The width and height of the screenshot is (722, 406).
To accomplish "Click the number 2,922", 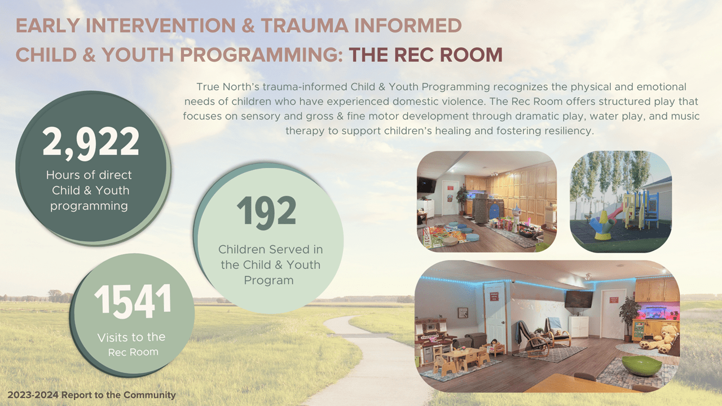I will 91,142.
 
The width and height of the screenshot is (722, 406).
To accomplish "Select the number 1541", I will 133,300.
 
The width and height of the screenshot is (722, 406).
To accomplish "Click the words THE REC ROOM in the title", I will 425,55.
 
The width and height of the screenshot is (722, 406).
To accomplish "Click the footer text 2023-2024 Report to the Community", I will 91,395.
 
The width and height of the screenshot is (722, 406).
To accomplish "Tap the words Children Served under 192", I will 270,249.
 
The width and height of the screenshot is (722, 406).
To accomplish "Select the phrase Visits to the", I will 131,337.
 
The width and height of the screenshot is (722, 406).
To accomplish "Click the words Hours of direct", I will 89,175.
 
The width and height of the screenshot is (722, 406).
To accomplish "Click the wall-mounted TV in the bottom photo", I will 579,299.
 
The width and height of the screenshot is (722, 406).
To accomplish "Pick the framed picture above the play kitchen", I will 463,312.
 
